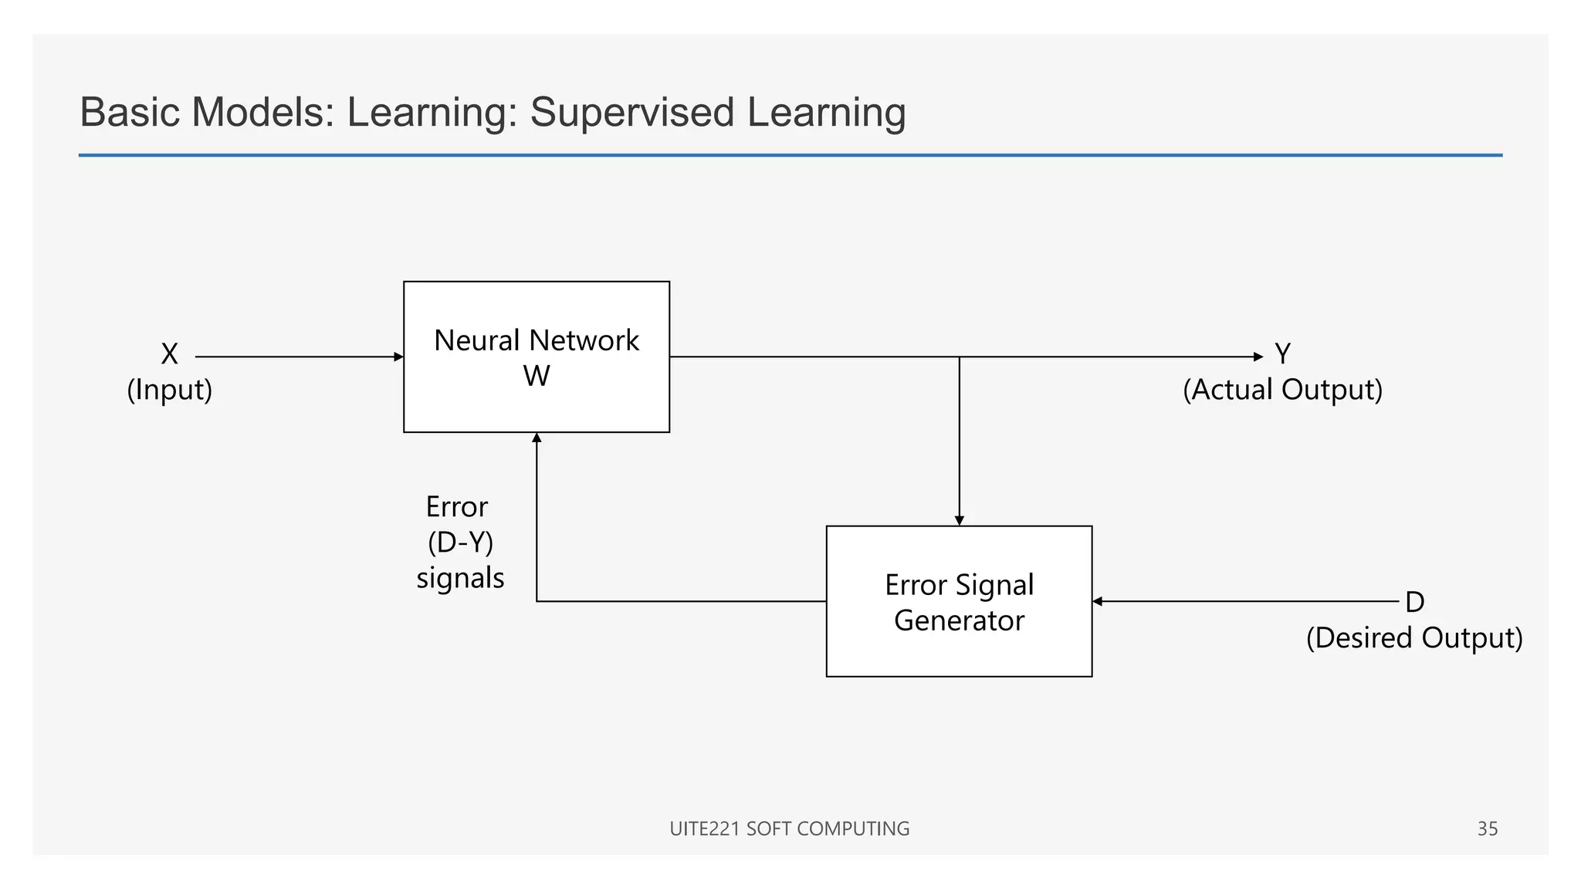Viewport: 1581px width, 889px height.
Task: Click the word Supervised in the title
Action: (631, 113)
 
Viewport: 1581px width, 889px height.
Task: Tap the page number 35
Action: (1487, 829)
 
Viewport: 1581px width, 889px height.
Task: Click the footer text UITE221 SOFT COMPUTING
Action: (789, 829)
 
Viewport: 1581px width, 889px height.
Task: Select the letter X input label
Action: (169, 354)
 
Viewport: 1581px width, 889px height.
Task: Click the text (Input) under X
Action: (169, 390)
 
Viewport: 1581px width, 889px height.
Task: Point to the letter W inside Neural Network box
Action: (537, 377)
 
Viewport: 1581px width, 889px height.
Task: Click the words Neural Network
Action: (537, 340)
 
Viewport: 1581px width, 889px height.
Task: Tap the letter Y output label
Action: (1282, 354)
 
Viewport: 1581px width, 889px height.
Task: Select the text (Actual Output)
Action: (1282, 390)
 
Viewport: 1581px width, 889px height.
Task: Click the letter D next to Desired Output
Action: (1414, 602)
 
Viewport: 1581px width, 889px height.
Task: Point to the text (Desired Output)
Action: (1414, 638)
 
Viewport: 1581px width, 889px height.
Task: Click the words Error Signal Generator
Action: (959, 603)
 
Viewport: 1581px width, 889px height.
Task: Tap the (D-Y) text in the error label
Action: (460, 543)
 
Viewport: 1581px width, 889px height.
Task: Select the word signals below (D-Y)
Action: (460, 578)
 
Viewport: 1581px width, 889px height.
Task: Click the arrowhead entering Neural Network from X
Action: (398, 357)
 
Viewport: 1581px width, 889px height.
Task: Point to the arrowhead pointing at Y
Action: (1258, 357)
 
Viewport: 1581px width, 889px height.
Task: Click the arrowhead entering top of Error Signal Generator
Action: (959, 521)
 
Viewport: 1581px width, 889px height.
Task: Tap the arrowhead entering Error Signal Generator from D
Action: (1098, 601)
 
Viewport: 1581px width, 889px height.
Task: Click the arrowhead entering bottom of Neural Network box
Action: (537, 438)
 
